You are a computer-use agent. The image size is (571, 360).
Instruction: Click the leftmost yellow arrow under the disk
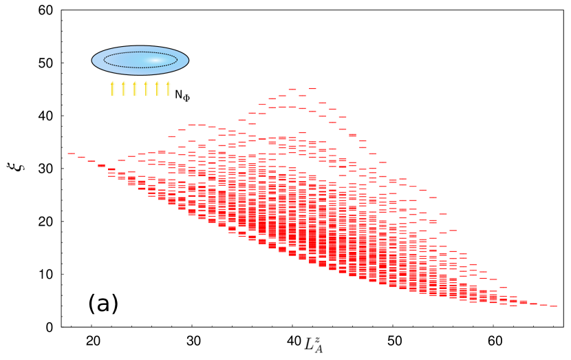113,89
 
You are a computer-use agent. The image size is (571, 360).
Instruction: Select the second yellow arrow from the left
124,89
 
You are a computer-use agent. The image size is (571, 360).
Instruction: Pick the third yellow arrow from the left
136,89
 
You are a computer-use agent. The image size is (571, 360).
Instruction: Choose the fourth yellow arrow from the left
147,89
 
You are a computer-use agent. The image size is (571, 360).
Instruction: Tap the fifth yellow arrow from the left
158,89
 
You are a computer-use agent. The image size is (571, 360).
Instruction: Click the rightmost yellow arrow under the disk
169,89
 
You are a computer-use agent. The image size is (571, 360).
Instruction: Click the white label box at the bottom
314,344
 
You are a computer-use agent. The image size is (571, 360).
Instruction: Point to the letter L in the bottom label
309,343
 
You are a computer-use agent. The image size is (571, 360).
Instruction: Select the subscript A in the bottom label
319,349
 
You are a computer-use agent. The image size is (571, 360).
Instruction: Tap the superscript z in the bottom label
319,339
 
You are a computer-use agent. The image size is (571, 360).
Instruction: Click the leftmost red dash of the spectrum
72,153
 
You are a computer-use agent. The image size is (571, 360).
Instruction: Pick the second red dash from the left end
81,158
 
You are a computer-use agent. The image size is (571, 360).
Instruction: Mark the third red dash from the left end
91,162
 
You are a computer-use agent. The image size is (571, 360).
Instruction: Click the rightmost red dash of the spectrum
554,306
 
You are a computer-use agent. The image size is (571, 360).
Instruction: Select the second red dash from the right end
543,305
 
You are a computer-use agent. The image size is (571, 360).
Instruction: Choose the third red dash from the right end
534,304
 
